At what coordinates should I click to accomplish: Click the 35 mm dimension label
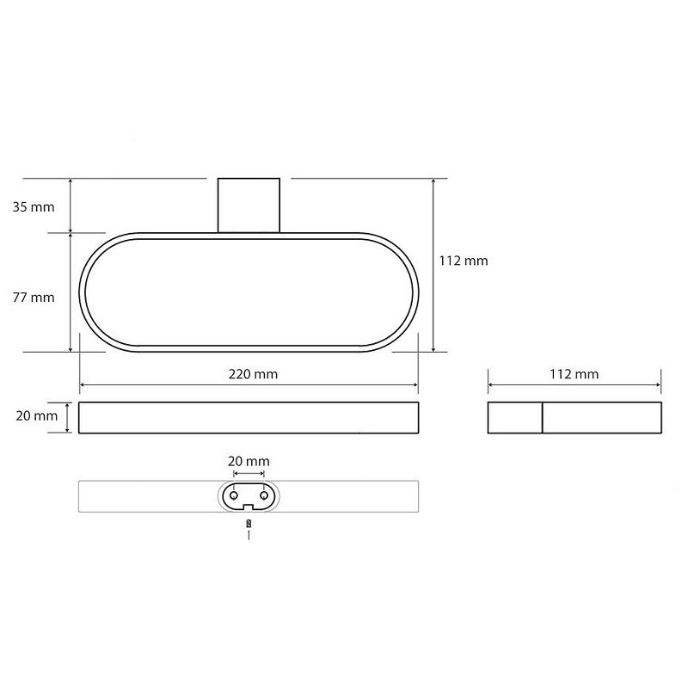(x=34, y=206)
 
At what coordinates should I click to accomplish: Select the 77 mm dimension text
(x=34, y=298)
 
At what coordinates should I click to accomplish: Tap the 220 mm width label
(x=253, y=374)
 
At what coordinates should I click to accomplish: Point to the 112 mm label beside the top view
(x=464, y=261)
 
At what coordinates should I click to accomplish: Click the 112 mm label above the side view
(x=574, y=374)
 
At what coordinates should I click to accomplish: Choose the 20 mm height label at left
(x=37, y=416)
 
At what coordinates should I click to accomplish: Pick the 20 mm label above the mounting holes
(x=249, y=461)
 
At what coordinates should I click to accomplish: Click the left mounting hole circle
(x=234, y=495)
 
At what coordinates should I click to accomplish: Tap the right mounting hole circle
(x=264, y=495)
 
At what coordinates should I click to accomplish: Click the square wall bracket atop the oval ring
(x=249, y=206)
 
